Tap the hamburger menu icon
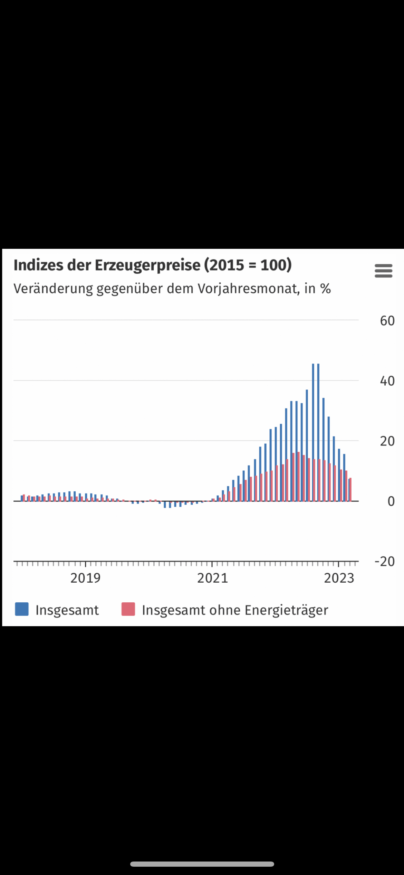[383, 271]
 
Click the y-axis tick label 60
[387, 321]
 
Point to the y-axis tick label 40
[387, 381]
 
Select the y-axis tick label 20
[387, 441]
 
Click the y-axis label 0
[391, 501]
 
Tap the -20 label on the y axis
[384, 561]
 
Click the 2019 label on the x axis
[85, 578]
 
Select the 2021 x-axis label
[212, 578]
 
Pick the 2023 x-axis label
[339, 578]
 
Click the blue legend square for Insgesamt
[22, 609]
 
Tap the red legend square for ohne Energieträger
[128, 609]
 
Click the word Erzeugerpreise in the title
[147, 265]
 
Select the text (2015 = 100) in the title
[248, 265]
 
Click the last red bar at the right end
[350, 490]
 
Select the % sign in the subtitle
[325, 289]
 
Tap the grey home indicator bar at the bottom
[202, 864]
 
